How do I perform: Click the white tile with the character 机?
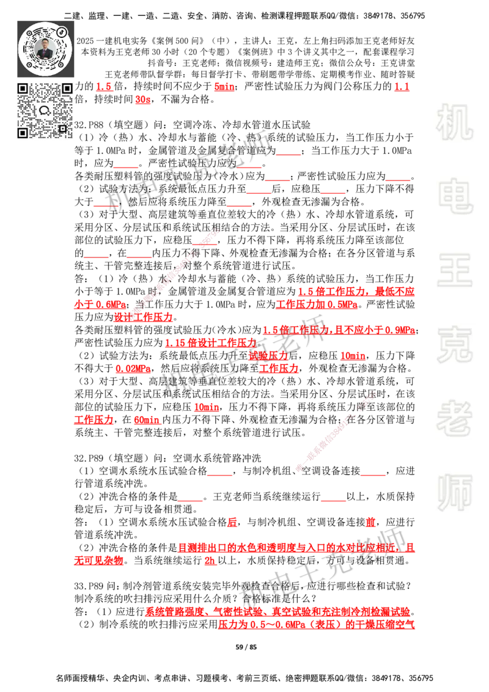coord(454,122)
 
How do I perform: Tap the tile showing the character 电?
coord(457,196)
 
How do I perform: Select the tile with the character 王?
coord(454,271)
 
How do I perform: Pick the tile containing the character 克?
coord(454,344)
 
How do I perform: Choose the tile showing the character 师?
coord(454,493)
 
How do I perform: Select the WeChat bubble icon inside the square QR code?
coord(45,111)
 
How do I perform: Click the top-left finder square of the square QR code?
coord(23,89)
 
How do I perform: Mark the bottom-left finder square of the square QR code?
coord(23,133)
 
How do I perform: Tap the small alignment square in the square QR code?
coord(62,128)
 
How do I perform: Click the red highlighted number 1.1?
coord(401,87)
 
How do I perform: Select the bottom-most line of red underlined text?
coord(316,625)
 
